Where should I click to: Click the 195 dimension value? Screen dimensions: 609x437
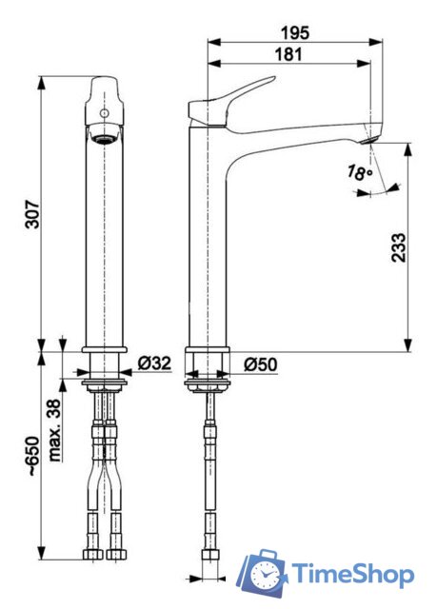289,32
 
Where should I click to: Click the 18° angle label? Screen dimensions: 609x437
358,172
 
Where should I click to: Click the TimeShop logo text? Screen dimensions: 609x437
352,575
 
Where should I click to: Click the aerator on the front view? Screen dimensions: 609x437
105,135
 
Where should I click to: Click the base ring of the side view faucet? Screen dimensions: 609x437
208,356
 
